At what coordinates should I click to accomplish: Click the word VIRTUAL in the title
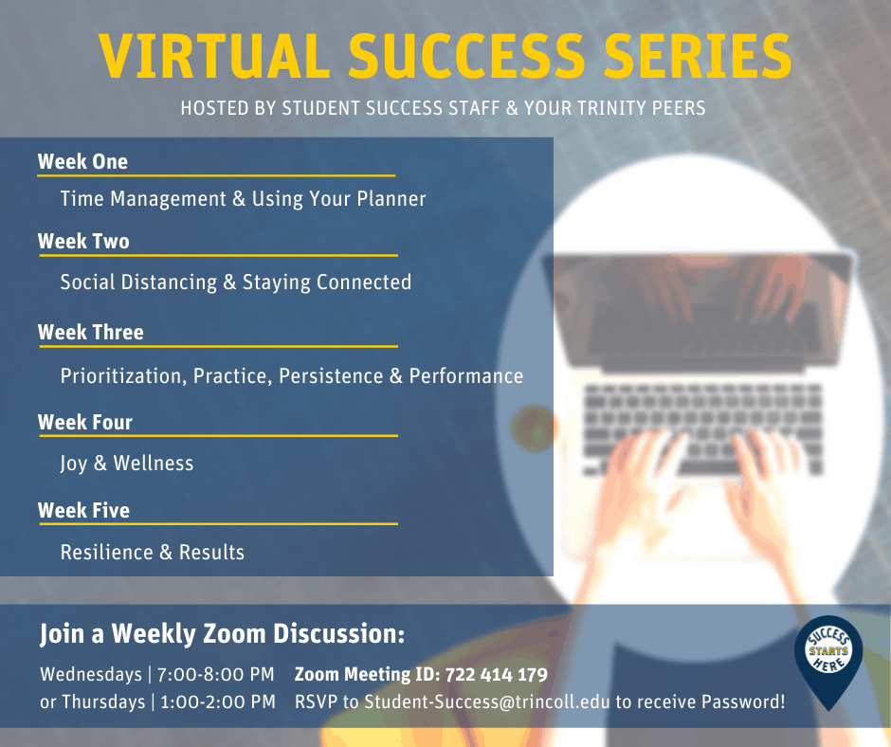(x=214, y=56)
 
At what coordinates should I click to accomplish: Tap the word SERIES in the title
(x=698, y=56)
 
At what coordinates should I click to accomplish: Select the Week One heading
(x=83, y=161)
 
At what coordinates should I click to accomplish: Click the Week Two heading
(x=83, y=241)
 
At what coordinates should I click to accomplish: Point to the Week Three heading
(x=91, y=332)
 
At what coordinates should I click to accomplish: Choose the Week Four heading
(x=85, y=423)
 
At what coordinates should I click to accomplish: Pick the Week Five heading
(x=84, y=511)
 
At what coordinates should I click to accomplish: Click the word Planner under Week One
(x=391, y=198)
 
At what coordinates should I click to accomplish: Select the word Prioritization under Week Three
(x=124, y=375)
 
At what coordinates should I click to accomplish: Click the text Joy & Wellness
(x=127, y=464)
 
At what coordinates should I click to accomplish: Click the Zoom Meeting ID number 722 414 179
(x=497, y=674)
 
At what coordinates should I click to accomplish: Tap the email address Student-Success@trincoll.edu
(x=487, y=701)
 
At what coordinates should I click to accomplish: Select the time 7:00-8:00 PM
(x=216, y=674)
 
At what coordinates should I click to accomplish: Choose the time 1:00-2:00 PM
(x=218, y=701)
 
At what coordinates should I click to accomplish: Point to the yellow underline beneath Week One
(x=216, y=175)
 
